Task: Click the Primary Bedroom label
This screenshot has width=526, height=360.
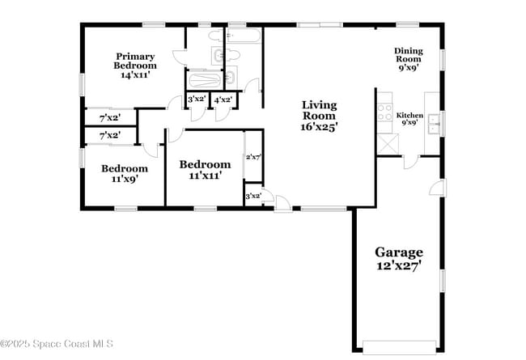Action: [x=135, y=66]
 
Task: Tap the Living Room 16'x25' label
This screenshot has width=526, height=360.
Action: [x=319, y=116]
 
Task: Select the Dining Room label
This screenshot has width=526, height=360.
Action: [x=408, y=59]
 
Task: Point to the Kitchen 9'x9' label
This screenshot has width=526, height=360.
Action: [x=409, y=119]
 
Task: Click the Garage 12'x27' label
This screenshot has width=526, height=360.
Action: [x=399, y=258]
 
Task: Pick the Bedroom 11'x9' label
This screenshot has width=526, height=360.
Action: [x=125, y=173]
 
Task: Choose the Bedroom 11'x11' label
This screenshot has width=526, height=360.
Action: [x=205, y=169]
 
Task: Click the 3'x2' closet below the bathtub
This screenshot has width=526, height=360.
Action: [x=197, y=100]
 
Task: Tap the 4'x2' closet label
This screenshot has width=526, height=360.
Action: [x=223, y=100]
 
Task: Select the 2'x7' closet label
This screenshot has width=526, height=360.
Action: [x=253, y=157]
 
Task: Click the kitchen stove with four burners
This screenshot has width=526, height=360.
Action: [x=384, y=112]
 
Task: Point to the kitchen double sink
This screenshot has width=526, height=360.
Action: [x=434, y=124]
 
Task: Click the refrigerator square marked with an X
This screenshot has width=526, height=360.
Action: [x=388, y=144]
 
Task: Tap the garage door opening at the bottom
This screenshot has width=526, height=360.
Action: [x=399, y=347]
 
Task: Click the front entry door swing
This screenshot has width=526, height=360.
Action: [x=282, y=203]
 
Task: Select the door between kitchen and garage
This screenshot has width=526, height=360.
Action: [x=410, y=162]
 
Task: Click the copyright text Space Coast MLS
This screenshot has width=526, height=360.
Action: [x=57, y=344]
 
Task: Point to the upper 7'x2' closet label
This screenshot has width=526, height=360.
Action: [x=110, y=118]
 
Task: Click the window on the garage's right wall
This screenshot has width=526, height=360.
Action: [x=443, y=281]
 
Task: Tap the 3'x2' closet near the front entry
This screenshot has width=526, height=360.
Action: [x=253, y=196]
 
